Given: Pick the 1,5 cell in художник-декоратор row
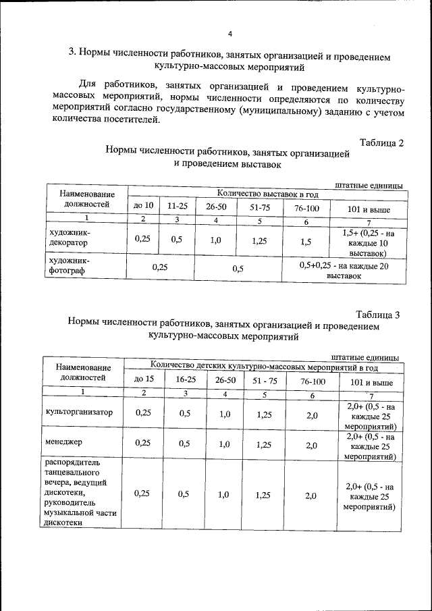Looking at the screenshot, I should point(306,241).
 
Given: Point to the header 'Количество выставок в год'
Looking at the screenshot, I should point(267,194).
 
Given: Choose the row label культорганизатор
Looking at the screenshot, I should point(79,412).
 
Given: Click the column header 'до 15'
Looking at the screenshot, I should point(144,379).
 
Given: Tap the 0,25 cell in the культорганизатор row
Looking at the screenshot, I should point(143,414).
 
